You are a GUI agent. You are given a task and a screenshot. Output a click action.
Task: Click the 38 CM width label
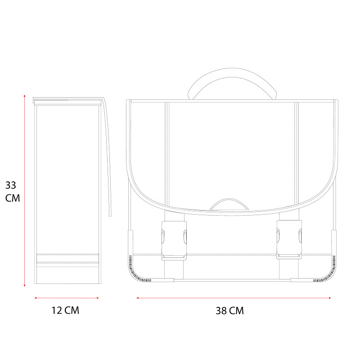229,310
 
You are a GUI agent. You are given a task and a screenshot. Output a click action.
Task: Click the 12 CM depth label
65,310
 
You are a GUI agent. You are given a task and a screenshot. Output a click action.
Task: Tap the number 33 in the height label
11,185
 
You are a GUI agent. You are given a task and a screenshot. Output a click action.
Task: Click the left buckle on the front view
174,240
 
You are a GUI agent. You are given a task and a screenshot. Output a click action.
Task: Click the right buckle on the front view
289,240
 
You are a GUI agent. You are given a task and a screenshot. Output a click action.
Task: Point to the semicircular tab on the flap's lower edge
229,203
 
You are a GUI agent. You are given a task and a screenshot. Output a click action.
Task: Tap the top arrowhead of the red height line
25,95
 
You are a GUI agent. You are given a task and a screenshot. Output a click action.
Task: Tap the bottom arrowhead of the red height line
25,285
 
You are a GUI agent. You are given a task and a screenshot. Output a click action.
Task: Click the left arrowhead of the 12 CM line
36,298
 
